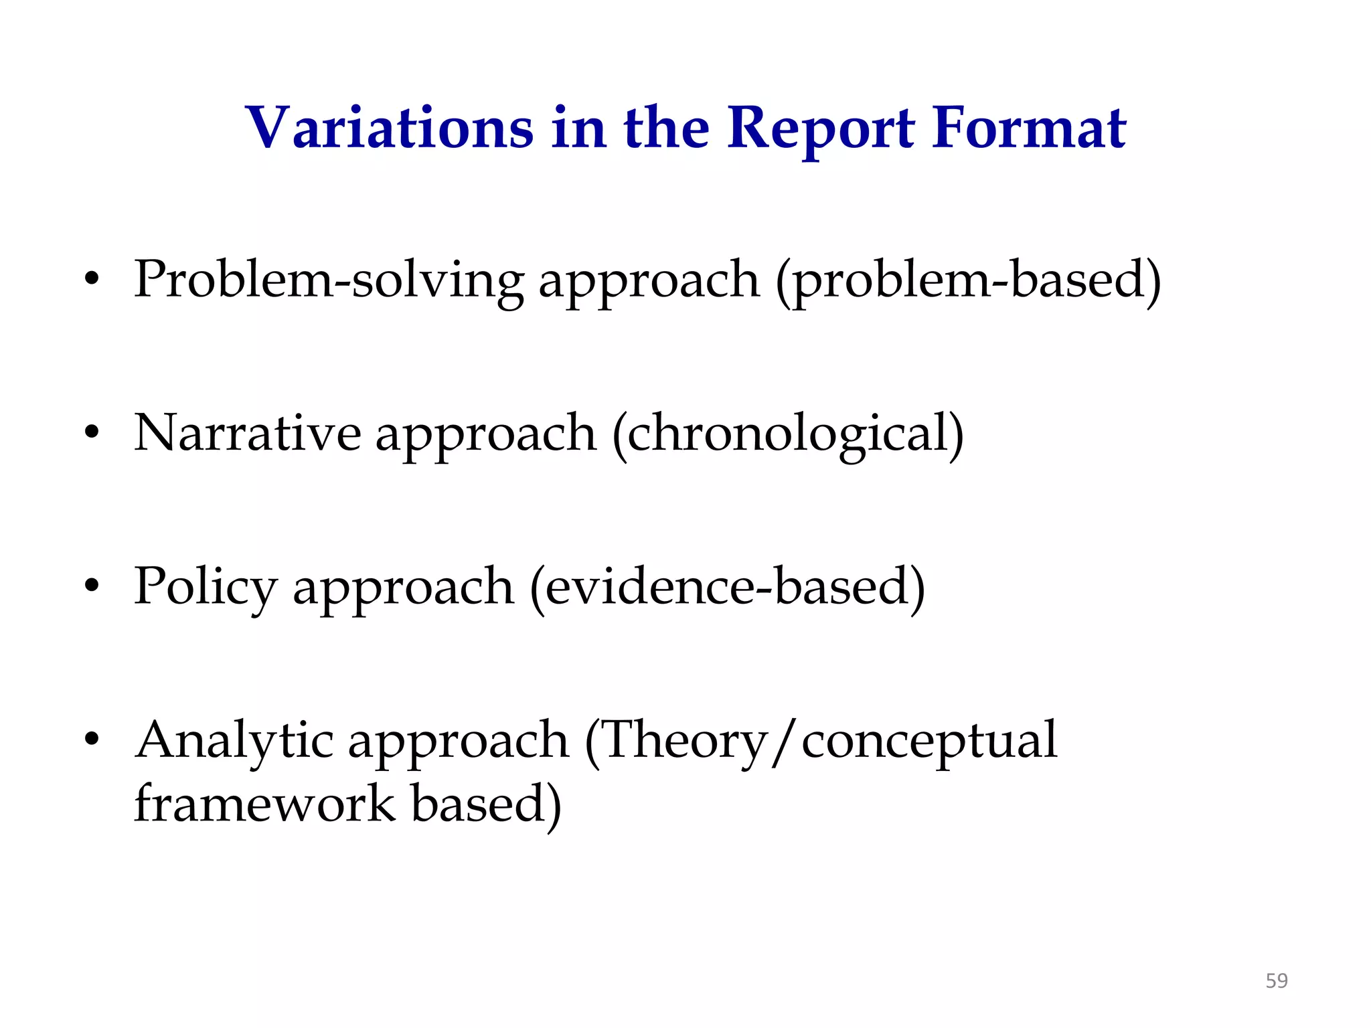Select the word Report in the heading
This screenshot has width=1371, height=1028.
820,128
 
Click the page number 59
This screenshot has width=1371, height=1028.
1276,981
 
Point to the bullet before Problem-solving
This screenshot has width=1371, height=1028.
92,280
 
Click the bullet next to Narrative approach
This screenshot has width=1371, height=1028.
92,434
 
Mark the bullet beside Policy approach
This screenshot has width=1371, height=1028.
92,587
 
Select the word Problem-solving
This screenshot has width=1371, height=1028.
329,280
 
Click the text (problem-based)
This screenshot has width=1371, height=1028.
968,280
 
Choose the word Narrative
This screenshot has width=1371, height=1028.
247,434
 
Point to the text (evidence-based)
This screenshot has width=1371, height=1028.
727,587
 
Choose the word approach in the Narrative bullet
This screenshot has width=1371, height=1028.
485,434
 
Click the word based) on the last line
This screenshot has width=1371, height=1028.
486,803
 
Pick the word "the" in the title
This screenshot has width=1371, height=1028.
666,128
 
